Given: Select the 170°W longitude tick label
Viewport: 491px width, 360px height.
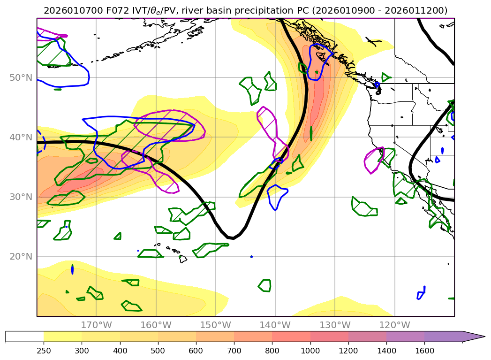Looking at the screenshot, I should tap(96, 325).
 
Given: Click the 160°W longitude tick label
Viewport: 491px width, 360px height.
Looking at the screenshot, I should tap(156, 325).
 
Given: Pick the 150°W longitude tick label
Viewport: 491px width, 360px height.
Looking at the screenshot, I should tap(215, 325).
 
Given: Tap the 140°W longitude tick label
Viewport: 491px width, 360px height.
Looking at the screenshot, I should tap(275, 325).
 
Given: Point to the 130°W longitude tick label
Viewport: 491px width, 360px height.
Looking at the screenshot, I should tap(335, 325).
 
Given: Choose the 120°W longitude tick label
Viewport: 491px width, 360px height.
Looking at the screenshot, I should tap(394, 325).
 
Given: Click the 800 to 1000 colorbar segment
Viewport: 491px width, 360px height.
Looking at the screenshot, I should tap(291, 337).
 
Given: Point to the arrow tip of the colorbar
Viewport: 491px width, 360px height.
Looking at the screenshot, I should tap(484, 337).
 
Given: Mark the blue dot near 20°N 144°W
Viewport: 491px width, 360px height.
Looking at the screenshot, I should tap(252, 257).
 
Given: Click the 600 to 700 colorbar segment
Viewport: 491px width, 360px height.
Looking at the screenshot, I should tap(215, 337).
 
